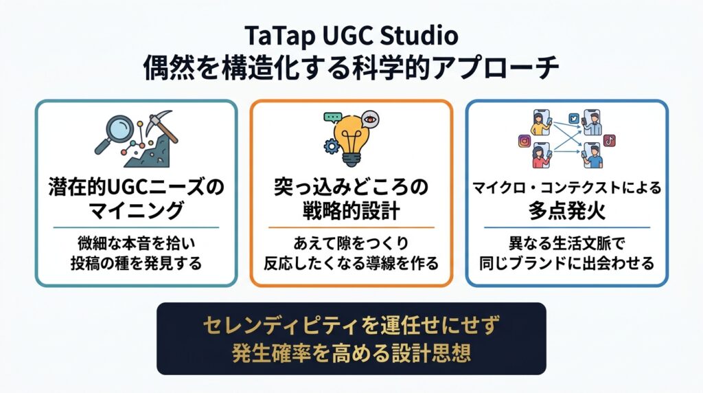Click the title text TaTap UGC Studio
351,36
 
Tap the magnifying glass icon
114,133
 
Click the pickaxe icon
161,126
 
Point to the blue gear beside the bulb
332,146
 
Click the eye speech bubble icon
369,120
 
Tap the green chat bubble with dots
333,118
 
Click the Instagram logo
524,141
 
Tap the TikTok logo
610,140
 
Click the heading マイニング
136,210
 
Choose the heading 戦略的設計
351,210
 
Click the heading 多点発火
567,210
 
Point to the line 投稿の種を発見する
136,263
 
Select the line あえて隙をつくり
351,243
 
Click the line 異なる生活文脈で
566,243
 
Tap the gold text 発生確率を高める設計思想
351,353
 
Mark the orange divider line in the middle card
351,227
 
